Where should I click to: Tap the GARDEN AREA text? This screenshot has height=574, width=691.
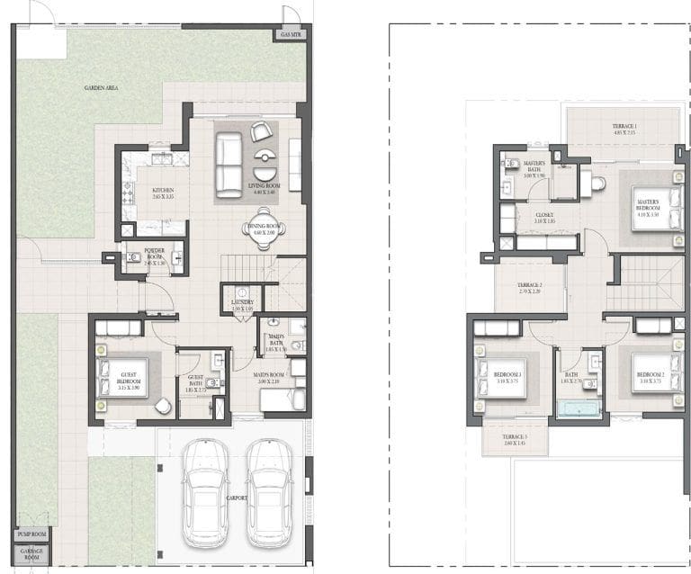point(102,87)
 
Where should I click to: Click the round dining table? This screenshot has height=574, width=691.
point(265,230)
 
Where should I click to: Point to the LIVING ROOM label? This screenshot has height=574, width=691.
point(265,187)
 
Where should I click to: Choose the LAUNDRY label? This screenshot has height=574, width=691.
point(243,304)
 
